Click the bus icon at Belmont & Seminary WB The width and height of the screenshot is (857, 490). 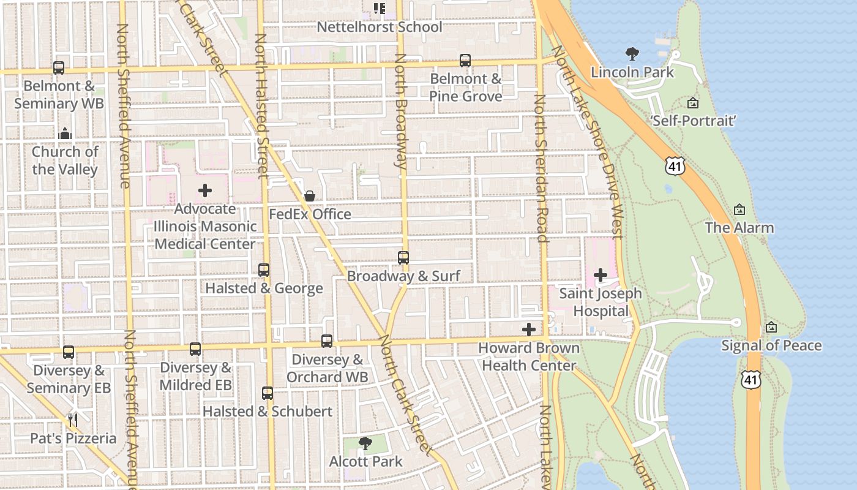59,68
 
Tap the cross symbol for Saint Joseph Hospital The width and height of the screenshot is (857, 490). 601,275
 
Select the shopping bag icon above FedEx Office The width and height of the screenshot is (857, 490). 310,196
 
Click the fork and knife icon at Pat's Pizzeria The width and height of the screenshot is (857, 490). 73,420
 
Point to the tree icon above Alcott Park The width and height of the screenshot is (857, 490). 365,443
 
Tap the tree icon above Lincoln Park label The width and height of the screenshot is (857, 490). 632,54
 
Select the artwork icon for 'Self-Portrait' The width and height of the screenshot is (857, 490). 692,103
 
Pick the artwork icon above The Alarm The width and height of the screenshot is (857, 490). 739,209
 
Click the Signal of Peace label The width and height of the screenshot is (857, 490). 771,345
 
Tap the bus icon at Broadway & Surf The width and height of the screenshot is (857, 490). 403,258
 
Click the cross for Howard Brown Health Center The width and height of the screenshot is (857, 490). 528,330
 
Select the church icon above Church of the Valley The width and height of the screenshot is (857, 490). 65,133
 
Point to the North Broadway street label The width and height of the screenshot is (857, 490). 400,110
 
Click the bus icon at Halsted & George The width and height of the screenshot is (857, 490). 264,270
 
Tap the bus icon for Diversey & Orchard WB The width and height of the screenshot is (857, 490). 327,341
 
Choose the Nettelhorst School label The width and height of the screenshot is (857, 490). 379,27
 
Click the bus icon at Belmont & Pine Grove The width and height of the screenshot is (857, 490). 465,61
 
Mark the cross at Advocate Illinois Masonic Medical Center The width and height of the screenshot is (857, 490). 205,190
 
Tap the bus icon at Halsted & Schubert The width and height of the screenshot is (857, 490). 268,393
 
